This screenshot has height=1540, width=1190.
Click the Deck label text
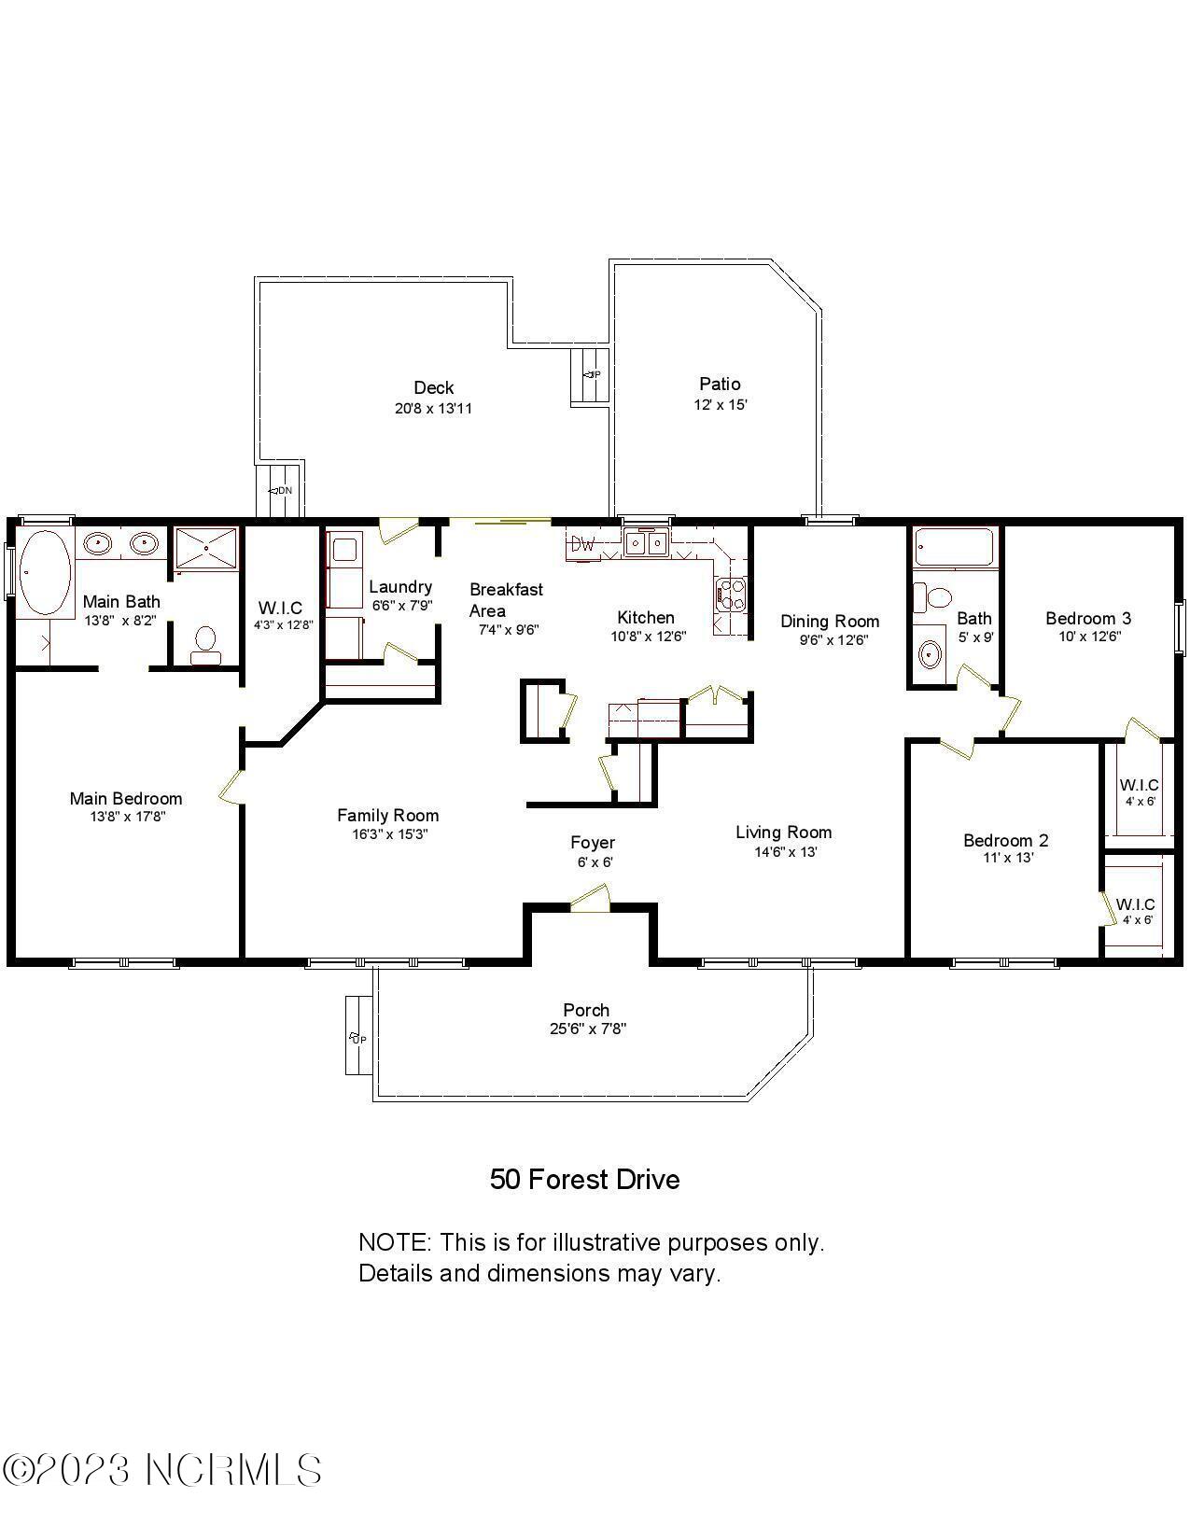(x=434, y=387)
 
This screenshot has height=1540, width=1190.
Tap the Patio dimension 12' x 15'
(x=720, y=405)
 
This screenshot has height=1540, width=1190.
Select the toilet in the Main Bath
(x=205, y=642)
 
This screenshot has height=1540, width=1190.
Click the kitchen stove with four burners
(x=730, y=595)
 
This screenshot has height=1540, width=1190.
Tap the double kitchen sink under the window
(x=646, y=541)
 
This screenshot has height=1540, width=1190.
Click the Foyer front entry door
(x=590, y=900)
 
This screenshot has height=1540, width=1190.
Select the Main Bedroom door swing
(x=231, y=786)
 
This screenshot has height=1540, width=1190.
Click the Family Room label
(x=387, y=815)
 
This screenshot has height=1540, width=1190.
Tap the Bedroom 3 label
(x=1088, y=618)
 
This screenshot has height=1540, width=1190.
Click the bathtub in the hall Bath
(x=954, y=548)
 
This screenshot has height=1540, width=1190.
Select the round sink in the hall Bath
(x=930, y=654)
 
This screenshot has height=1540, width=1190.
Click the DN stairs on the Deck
(x=280, y=490)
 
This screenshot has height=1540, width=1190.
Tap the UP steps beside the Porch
(x=356, y=1036)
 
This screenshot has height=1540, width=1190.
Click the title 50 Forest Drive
(x=585, y=1180)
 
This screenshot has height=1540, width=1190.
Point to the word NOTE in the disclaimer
(x=393, y=1243)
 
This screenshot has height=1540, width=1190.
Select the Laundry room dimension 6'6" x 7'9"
(x=401, y=605)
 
